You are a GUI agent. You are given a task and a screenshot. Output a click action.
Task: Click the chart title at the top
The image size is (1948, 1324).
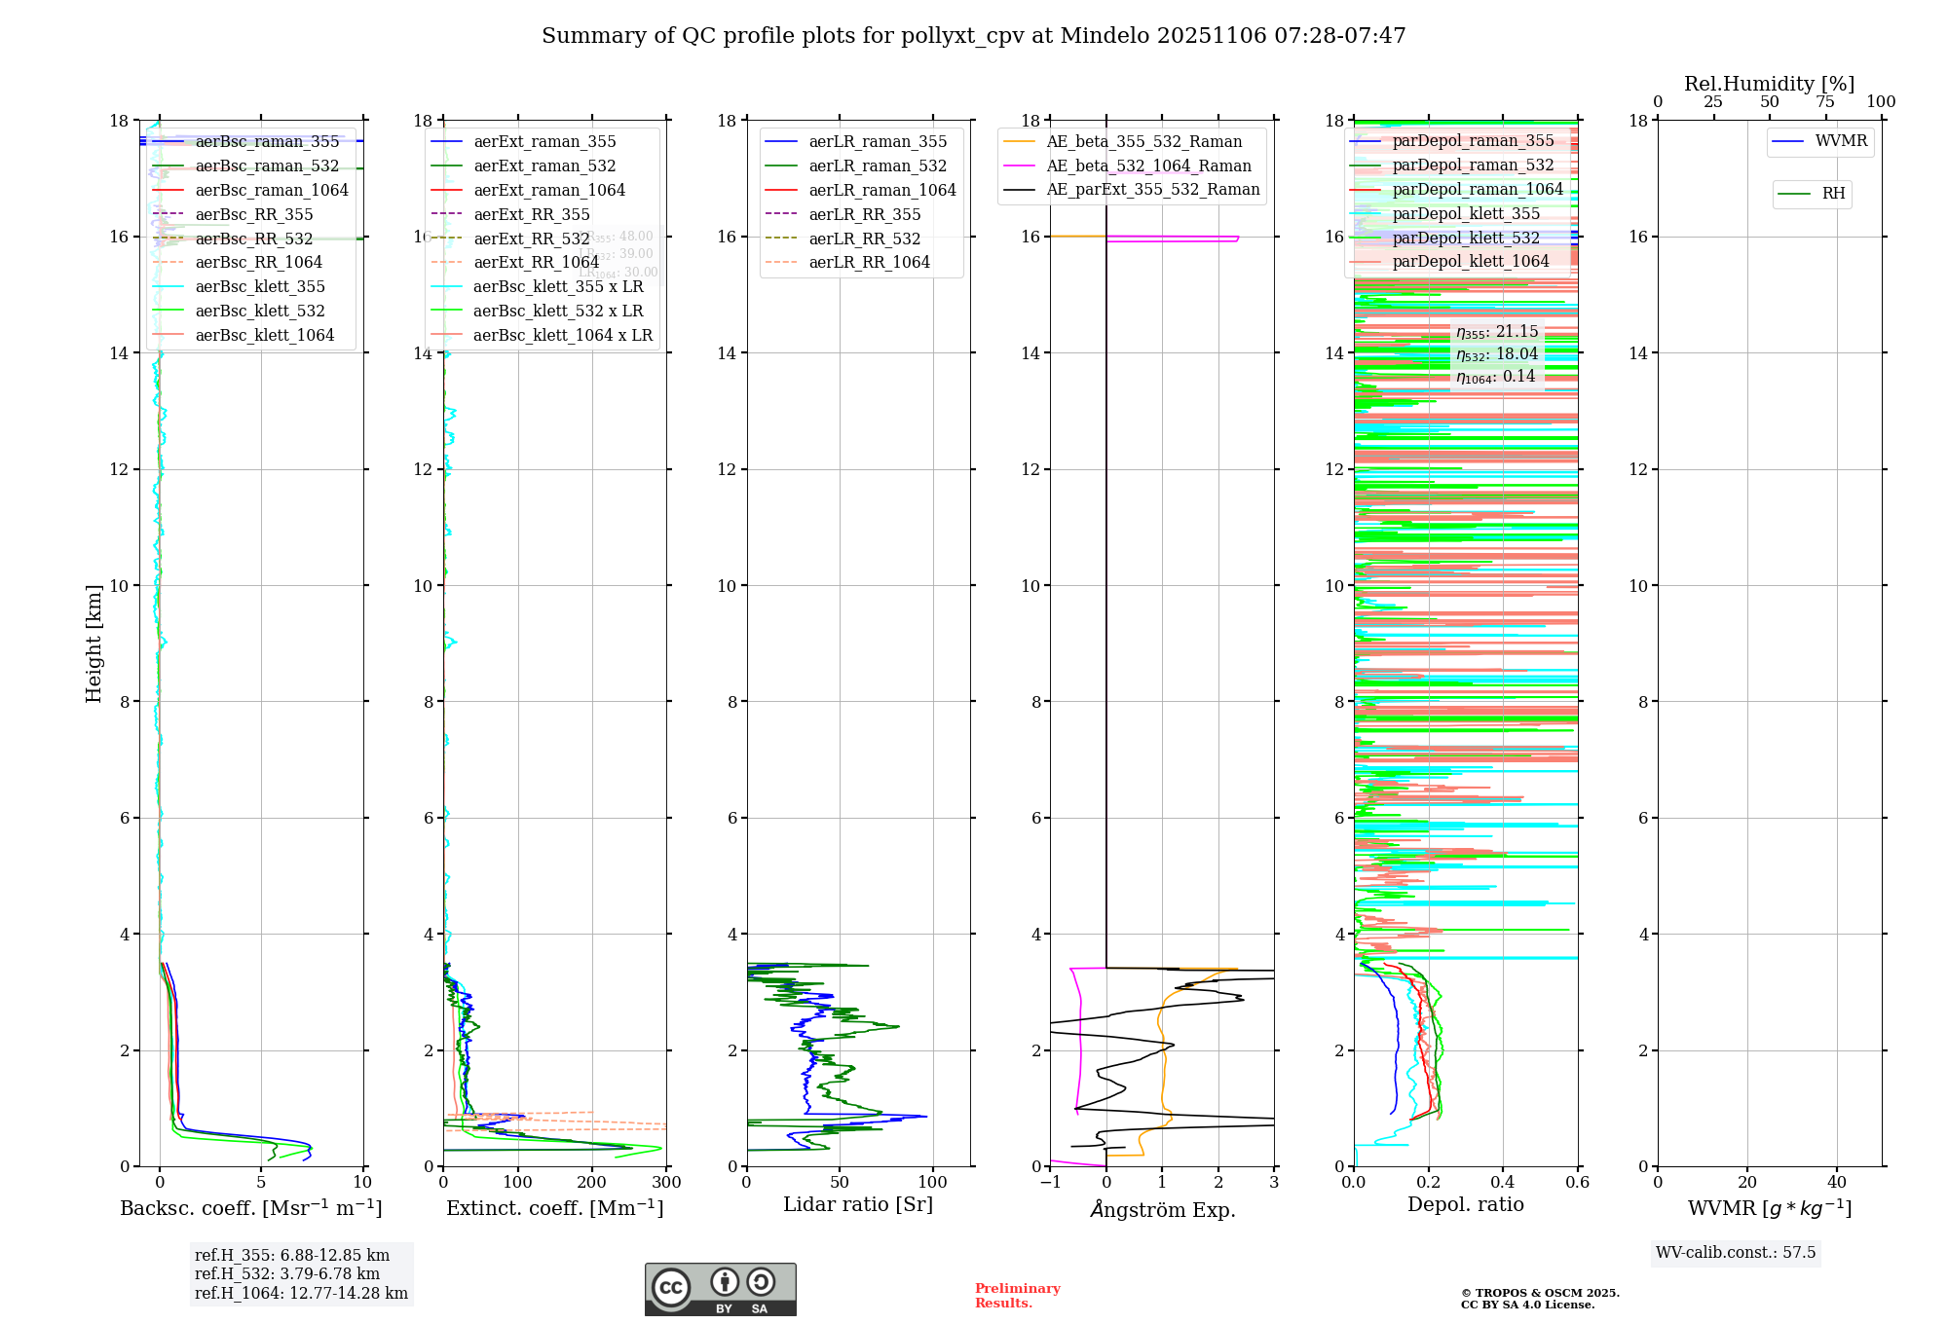tap(973, 36)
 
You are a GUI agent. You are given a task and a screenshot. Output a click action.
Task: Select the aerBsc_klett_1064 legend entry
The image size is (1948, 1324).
tap(264, 335)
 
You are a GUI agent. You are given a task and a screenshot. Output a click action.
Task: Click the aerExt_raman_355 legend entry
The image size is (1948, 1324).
tap(544, 142)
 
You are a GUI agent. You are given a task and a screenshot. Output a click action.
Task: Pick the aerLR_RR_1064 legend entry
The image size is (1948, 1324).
tap(869, 262)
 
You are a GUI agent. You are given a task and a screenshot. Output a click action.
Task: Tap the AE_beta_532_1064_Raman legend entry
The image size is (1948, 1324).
tap(1148, 165)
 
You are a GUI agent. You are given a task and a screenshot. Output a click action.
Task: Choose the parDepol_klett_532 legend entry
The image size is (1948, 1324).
tap(1465, 238)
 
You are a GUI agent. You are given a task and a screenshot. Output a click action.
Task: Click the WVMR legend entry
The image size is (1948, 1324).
tap(1841, 141)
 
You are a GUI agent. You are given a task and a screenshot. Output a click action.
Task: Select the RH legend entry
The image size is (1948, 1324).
tap(1833, 194)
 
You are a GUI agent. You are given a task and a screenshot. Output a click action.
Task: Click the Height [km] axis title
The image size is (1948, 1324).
tap(94, 643)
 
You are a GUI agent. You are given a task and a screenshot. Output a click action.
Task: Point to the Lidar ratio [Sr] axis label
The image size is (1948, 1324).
tap(858, 1204)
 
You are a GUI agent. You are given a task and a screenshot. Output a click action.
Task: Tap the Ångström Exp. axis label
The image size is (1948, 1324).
tap(1162, 1209)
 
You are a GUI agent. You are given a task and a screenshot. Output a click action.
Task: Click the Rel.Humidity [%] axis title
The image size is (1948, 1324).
tap(1769, 84)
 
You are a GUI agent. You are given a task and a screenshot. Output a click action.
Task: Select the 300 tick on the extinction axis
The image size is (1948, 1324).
tap(666, 1182)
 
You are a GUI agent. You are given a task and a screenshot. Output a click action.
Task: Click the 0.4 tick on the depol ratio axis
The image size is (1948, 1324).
tap(1503, 1182)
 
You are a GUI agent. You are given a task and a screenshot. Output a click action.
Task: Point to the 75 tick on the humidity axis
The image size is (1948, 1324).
tap(1825, 102)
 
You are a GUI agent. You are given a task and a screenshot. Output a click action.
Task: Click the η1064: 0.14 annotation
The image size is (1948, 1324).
tap(1495, 377)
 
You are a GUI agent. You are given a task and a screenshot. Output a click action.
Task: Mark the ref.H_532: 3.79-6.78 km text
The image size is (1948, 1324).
tap(287, 1273)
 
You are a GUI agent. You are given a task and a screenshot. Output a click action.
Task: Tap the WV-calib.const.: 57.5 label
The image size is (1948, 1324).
tap(1736, 1252)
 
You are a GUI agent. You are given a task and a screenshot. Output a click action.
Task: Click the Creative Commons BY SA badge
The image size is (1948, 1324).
tap(720, 1289)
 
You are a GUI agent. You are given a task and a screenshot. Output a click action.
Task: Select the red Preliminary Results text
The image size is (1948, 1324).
tap(1017, 1295)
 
